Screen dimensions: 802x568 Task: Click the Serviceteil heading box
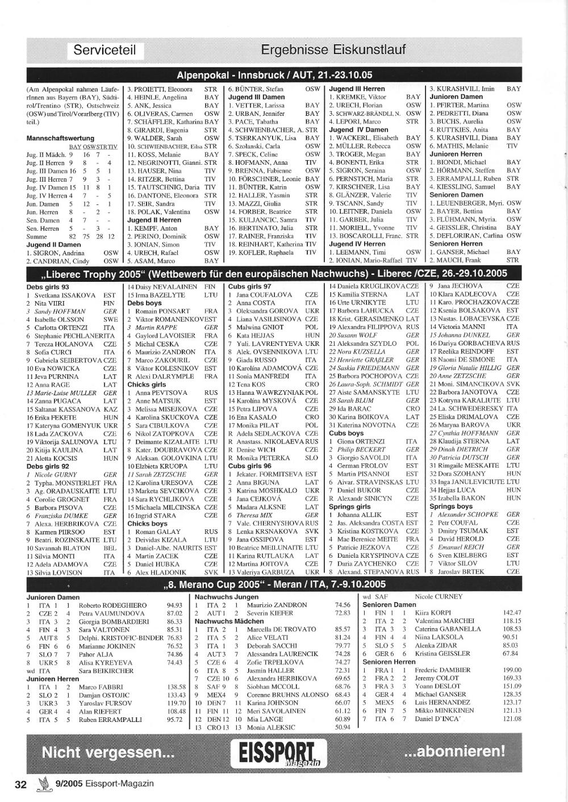105,51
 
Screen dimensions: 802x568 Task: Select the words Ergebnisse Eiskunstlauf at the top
333,50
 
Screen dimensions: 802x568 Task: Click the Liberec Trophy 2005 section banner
274,273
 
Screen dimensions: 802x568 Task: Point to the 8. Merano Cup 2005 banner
274,584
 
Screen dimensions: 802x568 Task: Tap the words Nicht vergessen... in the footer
108,753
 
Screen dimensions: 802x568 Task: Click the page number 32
21,784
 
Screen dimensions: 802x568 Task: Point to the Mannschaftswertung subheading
60,138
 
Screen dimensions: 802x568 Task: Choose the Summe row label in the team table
37,236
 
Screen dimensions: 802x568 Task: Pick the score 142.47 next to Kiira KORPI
512,613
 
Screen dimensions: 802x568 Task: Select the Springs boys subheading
451,506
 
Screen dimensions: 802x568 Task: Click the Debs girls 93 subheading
48,287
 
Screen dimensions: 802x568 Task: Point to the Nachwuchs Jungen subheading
227,597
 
